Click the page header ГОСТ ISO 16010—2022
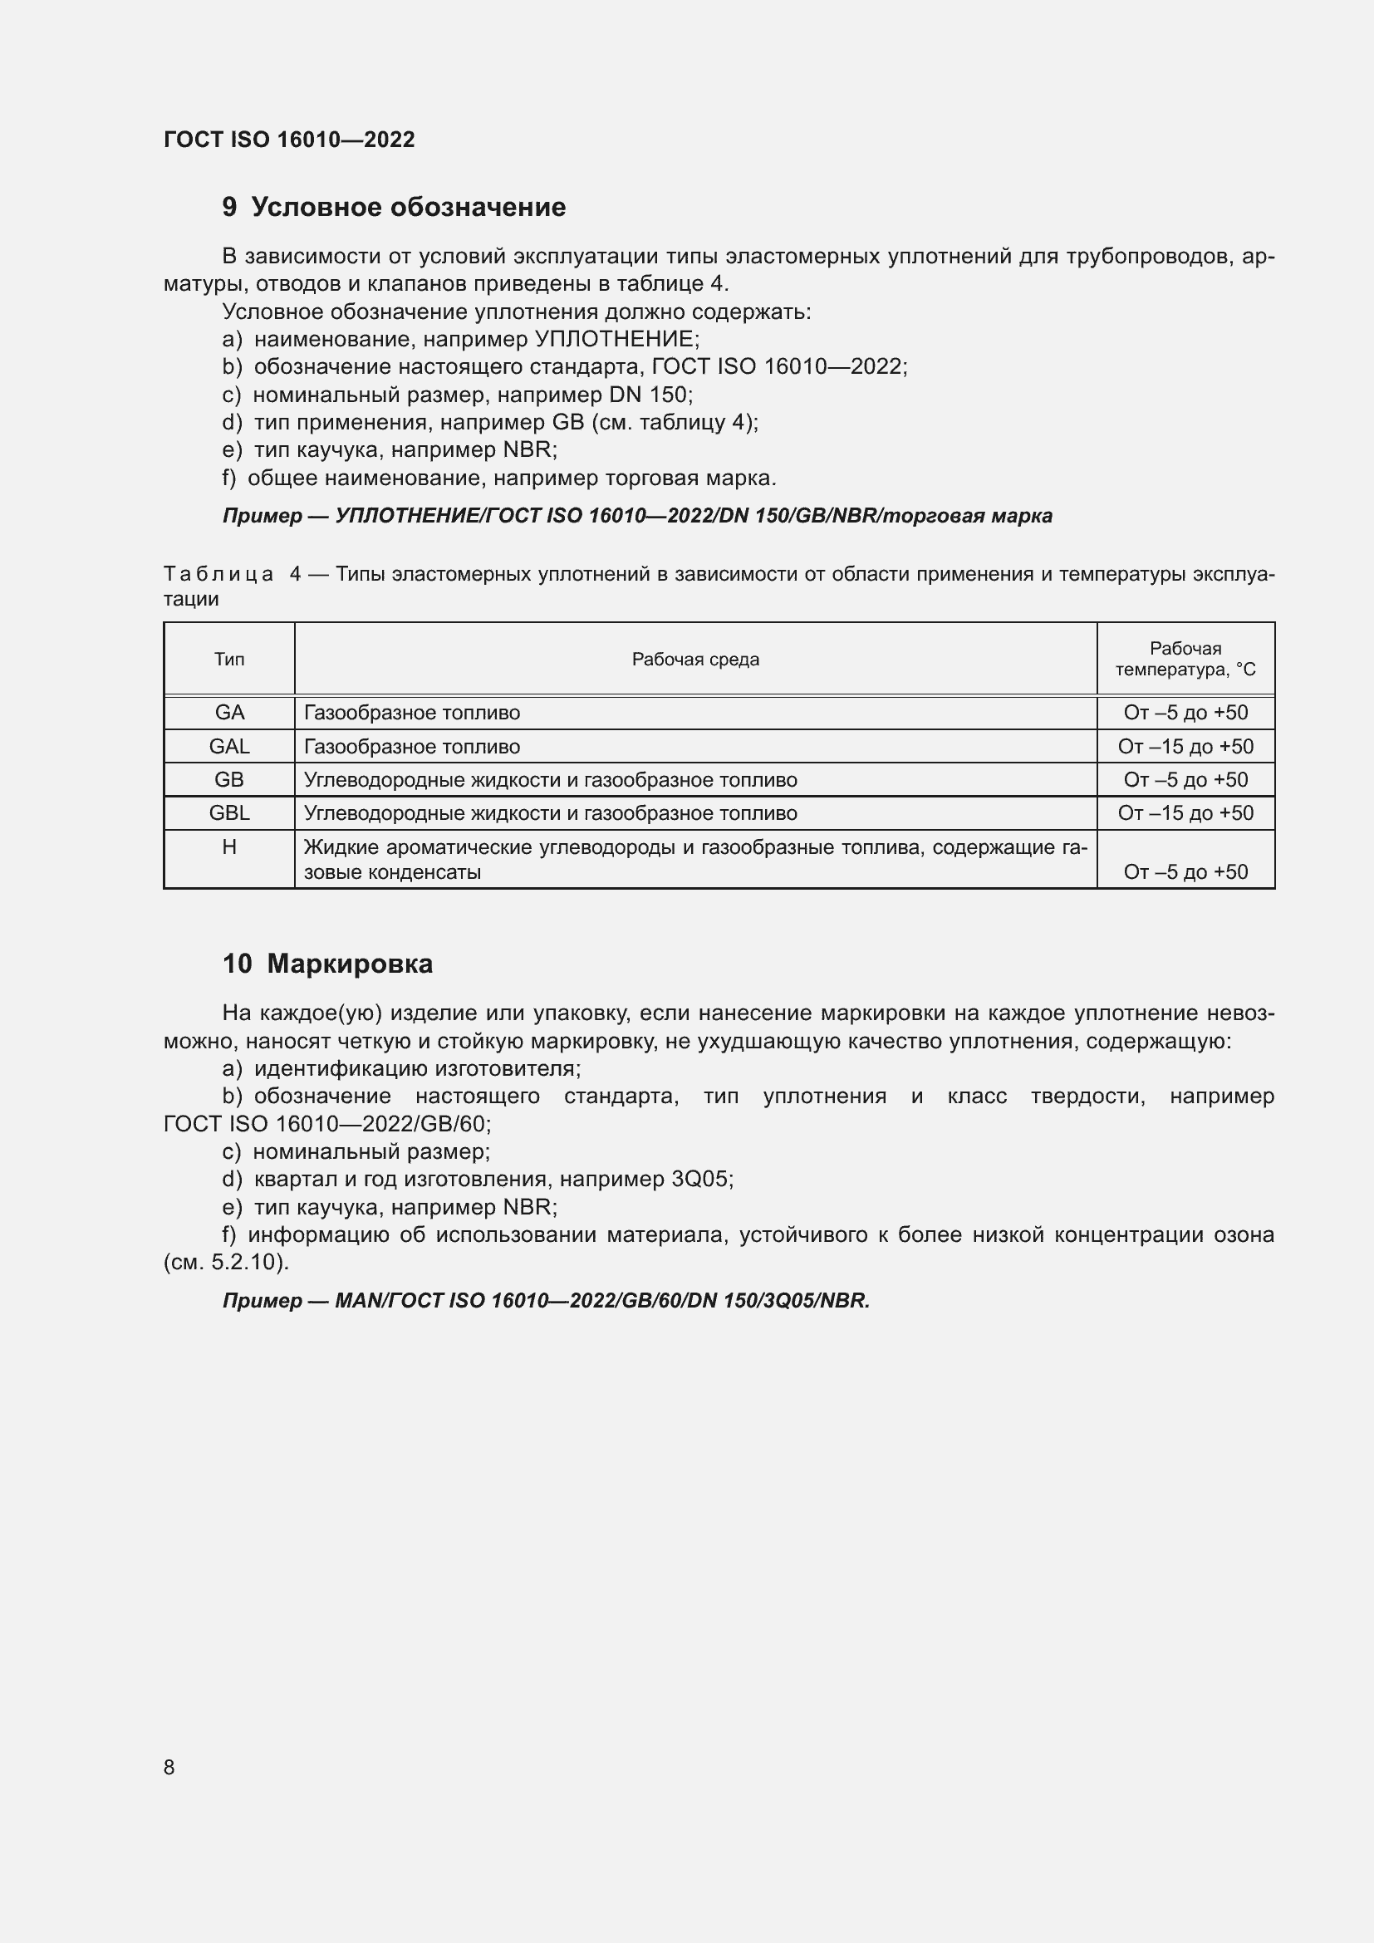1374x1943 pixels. (x=288, y=140)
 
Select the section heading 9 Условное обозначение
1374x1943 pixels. (x=394, y=208)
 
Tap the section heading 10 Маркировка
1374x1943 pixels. (x=327, y=964)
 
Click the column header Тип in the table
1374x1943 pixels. (x=229, y=660)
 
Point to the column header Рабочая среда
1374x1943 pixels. (x=695, y=660)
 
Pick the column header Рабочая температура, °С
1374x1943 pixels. (x=1185, y=660)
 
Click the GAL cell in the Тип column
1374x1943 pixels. (x=229, y=747)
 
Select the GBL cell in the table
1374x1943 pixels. (x=229, y=813)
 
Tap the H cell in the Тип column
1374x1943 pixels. (x=229, y=847)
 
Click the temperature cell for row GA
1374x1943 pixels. (x=1185, y=713)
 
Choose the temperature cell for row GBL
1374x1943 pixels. (x=1185, y=813)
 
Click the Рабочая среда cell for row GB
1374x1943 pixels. (x=550, y=780)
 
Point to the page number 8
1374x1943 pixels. (x=169, y=1767)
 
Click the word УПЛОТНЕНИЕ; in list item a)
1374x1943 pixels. (x=617, y=340)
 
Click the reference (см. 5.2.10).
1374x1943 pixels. (x=226, y=1263)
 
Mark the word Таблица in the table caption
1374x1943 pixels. (x=218, y=575)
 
